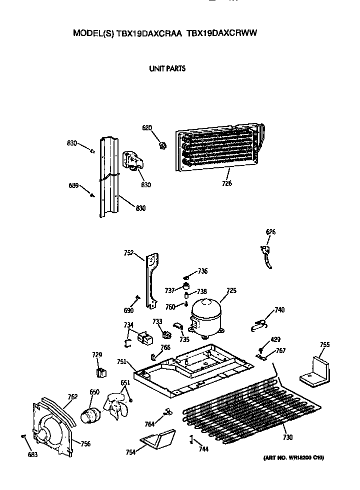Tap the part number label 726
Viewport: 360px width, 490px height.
pyautogui.click(x=227, y=184)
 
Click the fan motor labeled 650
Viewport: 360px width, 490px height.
pyautogui.click(x=91, y=414)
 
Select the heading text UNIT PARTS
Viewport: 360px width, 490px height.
pyautogui.click(x=167, y=68)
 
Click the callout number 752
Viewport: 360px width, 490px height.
pyautogui.click(x=128, y=253)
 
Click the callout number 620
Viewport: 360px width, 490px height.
pyautogui.click(x=146, y=128)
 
